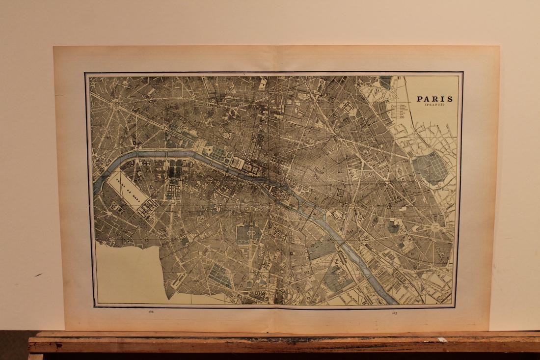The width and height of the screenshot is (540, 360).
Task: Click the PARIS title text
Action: [435, 99]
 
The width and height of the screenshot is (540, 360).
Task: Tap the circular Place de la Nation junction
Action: [434, 229]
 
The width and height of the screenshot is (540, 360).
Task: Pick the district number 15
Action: [146, 240]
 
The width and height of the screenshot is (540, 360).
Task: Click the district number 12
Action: [412, 253]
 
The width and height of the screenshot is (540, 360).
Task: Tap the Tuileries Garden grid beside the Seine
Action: [216, 153]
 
